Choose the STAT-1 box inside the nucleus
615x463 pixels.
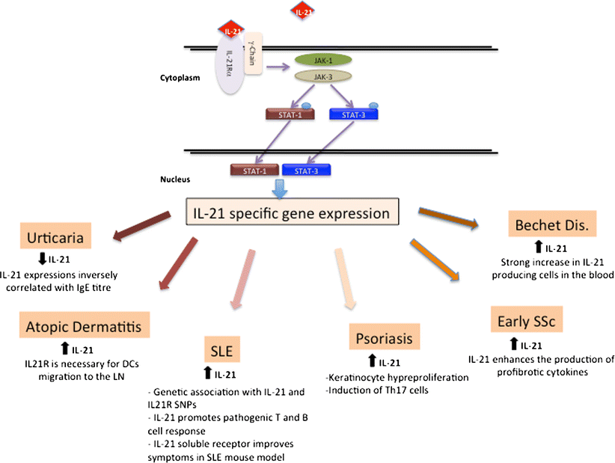click(x=255, y=171)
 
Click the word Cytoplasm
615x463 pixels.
click(x=180, y=77)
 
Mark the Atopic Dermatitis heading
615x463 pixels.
click(x=85, y=326)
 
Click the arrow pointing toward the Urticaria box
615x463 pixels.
click(x=143, y=227)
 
